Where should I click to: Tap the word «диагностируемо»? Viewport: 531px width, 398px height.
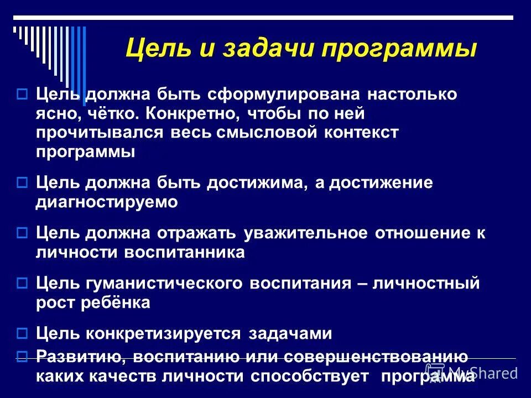107,202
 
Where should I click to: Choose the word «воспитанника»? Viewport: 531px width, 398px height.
185,252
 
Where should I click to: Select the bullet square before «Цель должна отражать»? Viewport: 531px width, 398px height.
22,233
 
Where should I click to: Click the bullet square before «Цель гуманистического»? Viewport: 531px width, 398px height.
22,284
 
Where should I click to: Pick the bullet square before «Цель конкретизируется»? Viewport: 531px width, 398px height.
22,334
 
